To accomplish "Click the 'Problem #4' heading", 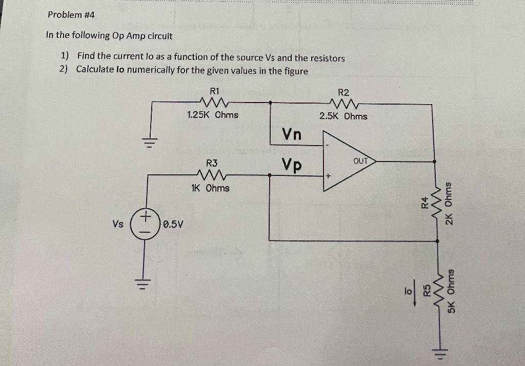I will pos(71,15).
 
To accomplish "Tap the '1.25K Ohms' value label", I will pos(213,115).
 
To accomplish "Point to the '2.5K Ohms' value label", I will pos(343,116).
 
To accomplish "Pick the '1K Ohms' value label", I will pos(210,188).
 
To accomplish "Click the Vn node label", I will pos(292,134).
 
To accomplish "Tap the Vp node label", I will pos(291,165).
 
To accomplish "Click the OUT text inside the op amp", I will pos(361,161).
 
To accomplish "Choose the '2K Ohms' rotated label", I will pos(449,203).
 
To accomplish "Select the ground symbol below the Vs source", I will pos(145,283).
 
